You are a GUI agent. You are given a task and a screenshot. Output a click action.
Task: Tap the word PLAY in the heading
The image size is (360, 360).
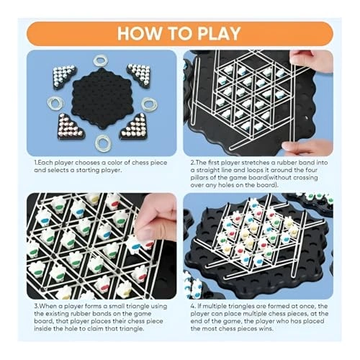tap(219, 33)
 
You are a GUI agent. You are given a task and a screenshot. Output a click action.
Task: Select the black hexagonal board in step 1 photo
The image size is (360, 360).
tap(103, 98)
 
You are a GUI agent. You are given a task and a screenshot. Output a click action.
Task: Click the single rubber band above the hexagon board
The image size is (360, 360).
tap(101, 60)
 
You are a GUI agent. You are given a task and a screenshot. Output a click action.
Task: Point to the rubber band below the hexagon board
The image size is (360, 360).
tap(103, 143)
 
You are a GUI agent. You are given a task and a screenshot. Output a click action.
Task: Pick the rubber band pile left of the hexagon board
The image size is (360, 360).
tap(56, 103)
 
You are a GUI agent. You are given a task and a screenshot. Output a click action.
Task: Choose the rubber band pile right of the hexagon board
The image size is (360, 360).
tap(150, 104)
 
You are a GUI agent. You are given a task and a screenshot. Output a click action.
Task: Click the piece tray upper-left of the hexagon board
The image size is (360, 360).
tap(64, 74)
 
